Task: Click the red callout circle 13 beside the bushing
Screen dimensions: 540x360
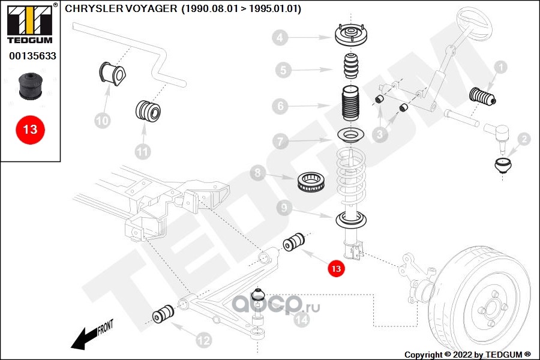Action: click(336, 270)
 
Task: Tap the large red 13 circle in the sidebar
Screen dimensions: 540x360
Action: click(30, 129)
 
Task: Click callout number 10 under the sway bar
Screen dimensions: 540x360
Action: click(103, 121)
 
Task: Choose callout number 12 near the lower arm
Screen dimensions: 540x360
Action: click(204, 341)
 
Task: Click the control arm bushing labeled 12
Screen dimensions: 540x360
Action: click(163, 314)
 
